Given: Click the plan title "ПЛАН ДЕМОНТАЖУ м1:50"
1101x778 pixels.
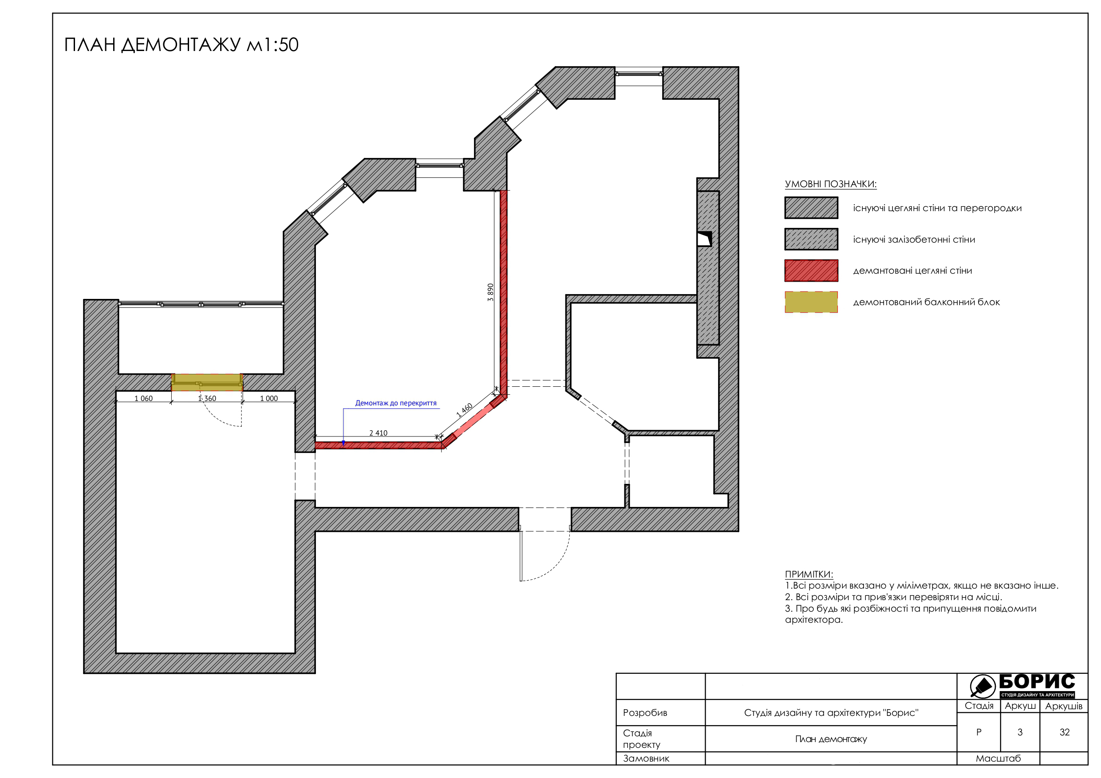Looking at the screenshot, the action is point(181,45).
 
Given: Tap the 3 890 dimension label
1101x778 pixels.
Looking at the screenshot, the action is point(490,292).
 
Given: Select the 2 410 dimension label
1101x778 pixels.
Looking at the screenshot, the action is point(379,433).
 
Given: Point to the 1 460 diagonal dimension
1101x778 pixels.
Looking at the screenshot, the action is point(464,410).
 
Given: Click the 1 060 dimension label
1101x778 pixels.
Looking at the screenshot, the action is point(143,398).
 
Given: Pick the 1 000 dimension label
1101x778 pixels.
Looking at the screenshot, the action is point(269,398).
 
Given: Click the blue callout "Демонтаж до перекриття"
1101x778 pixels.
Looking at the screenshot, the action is point(395,403).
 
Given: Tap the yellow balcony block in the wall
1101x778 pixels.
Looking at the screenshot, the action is point(207,382).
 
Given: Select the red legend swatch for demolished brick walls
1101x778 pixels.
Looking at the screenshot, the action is point(811,271).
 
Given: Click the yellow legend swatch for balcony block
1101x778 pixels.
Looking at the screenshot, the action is point(811,302).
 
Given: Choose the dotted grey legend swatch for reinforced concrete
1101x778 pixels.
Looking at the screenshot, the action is point(811,239).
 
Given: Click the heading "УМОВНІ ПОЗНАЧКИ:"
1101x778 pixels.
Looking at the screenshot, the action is point(831,184).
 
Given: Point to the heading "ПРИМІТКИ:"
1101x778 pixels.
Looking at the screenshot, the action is point(809,574).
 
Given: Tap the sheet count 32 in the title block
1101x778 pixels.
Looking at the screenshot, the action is point(1065,732).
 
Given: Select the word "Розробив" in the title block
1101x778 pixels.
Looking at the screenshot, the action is point(645,712).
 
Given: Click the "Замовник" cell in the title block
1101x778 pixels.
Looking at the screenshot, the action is point(646,758).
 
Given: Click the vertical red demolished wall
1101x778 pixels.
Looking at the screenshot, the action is point(504,292).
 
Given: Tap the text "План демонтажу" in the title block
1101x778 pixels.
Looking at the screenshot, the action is point(831,739).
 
